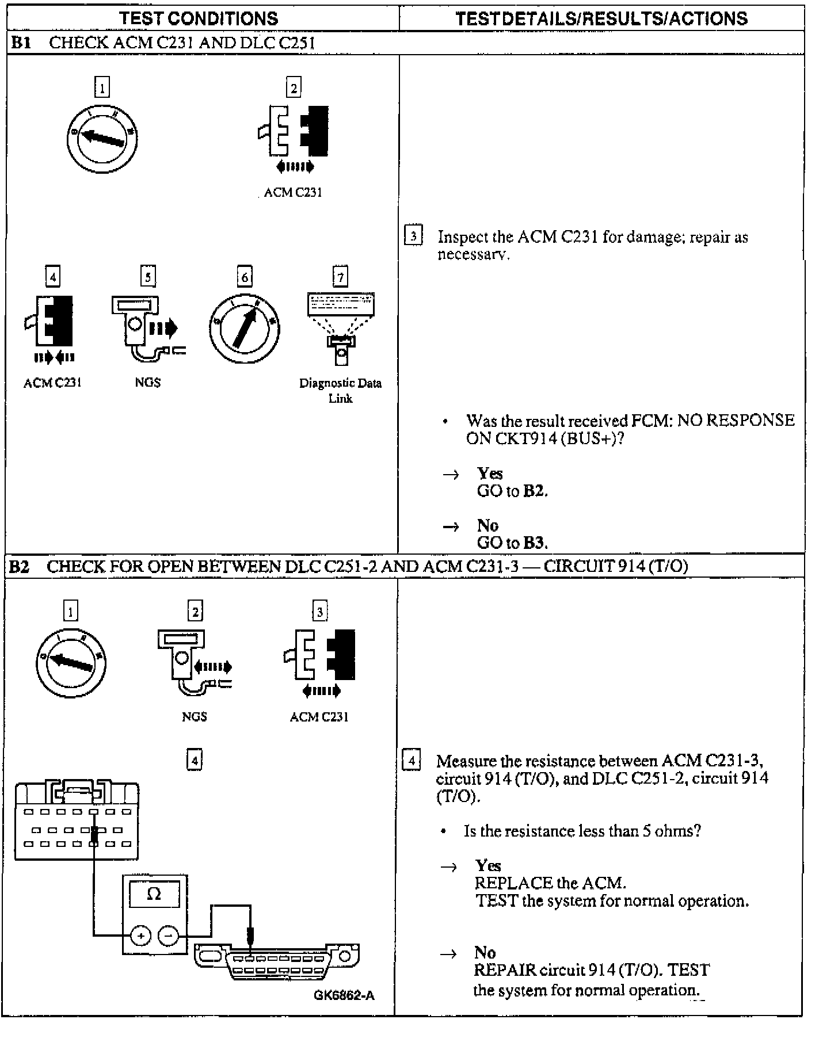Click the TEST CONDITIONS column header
(199, 18)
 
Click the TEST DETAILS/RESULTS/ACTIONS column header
(601, 18)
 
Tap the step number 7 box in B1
(340, 277)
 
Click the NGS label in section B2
(194, 716)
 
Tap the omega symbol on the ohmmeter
(154, 894)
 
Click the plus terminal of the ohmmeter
(140, 937)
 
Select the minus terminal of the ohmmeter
(168, 937)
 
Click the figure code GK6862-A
(344, 995)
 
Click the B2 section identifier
(19, 567)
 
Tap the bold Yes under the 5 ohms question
(488, 866)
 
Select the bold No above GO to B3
(487, 525)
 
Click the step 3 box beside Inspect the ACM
(413, 236)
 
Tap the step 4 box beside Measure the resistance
(411, 761)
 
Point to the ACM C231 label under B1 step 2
(293, 193)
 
